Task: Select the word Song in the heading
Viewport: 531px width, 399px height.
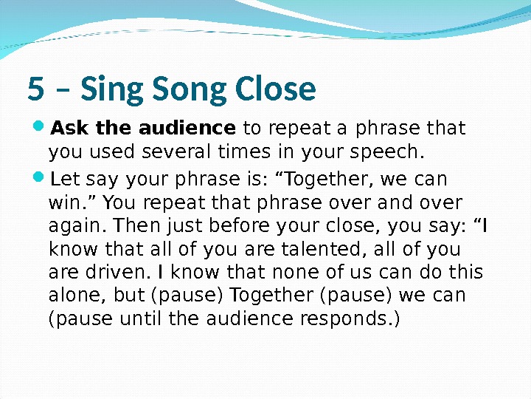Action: coord(186,89)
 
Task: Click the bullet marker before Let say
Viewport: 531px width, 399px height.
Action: coord(39,180)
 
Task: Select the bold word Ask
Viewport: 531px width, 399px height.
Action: coord(69,129)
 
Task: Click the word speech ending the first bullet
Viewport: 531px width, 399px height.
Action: coord(398,152)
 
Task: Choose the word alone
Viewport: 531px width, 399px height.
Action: coord(73,296)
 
